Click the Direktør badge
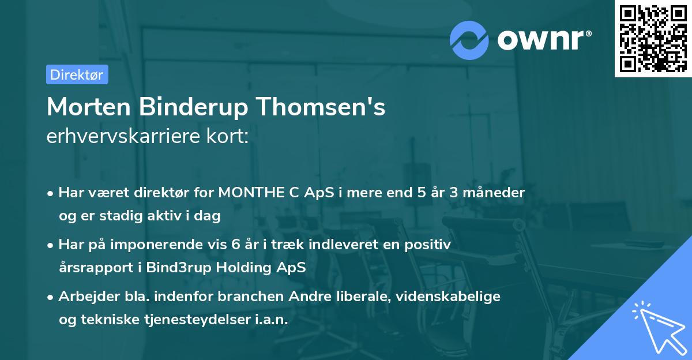pyautogui.click(x=77, y=74)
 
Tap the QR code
pyautogui.click(x=652, y=38)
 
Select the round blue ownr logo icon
pyautogui.click(x=469, y=40)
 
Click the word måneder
pyautogui.click(x=497, y=193)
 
